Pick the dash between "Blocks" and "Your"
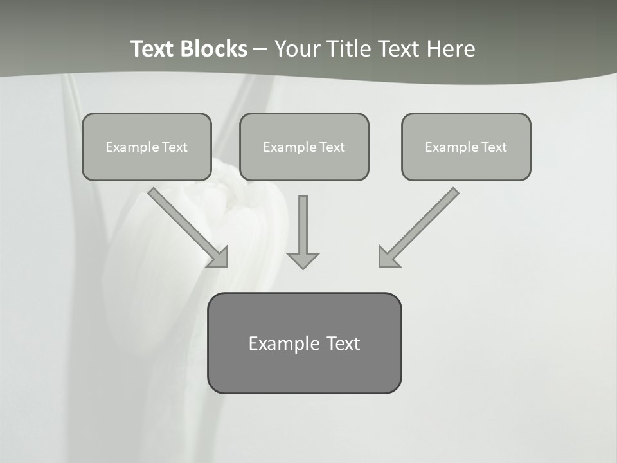(x=260, y=49)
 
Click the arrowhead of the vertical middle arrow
(x=303, y=260)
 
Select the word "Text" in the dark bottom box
(x=343, y=343)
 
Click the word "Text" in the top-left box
(x=175, y=147)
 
